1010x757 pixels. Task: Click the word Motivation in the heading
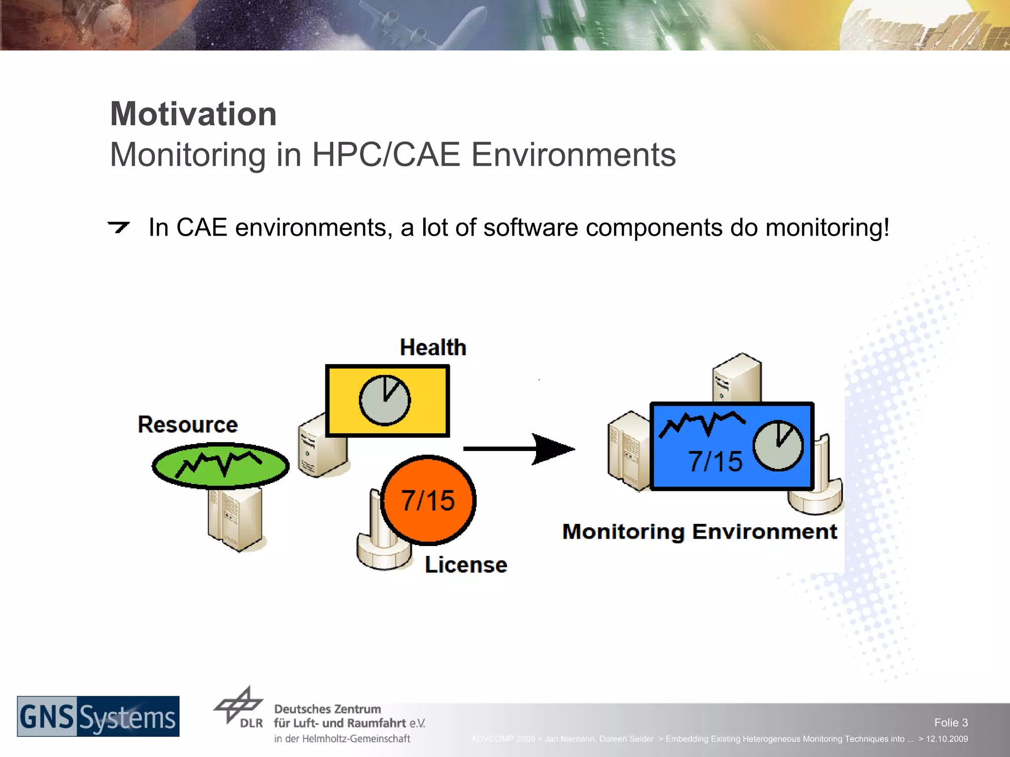click(x=193, y=114)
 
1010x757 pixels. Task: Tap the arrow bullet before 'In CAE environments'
click(x=118, y=227)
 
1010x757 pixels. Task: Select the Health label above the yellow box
click(x=433, y=347)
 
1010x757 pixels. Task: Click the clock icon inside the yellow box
click(x=384, y=400)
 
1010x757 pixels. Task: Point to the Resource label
click(x=187, y=424)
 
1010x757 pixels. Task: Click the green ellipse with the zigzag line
click(x=220, y=465)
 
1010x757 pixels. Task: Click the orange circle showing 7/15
click(x=428, y=500)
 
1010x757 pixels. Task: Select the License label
click(x=466, y=565)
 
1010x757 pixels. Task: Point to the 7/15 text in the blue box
click(x=715, y=462)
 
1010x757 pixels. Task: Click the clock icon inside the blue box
click(x=778, y=446)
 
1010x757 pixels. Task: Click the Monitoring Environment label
click(x=699, y=532)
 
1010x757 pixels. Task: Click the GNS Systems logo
click(x=98, y=716)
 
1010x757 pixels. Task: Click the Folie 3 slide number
click(x=950, y=723)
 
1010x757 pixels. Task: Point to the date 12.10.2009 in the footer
click(x=946, y=739)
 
